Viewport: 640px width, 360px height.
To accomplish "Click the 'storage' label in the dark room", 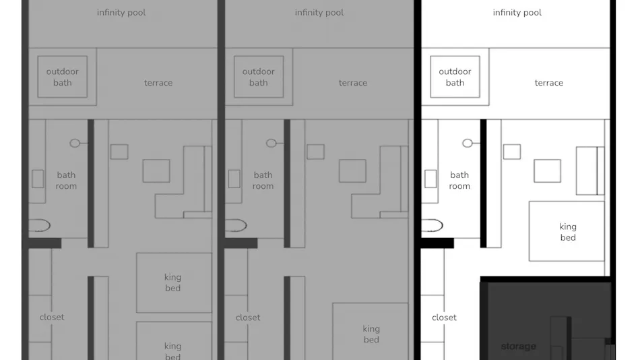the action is point(518,347).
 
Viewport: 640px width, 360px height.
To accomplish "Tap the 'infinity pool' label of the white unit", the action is point(517,13).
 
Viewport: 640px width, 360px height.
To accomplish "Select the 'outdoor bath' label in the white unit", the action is point(455,77).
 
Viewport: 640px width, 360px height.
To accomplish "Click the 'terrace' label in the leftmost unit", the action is point(158,83).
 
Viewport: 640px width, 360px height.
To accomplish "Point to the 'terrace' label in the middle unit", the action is point(352,83).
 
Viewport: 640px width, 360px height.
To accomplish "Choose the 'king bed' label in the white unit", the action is point(568,232).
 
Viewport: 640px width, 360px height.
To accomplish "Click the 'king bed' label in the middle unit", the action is point(371,334).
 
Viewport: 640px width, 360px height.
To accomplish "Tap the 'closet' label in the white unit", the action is point(444,318).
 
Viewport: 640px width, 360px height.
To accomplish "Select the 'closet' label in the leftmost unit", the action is point(52,317).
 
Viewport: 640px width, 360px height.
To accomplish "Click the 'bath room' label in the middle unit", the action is point(263,181).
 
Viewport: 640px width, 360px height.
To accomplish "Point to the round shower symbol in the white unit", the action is point(468,143).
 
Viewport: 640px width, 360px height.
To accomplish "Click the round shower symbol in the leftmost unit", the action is point(75,143).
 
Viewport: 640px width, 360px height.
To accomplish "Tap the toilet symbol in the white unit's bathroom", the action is point(432,226).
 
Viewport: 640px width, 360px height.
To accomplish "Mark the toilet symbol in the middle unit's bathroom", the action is point(236,226).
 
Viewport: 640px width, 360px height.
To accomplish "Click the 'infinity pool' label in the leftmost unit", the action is point(121,13).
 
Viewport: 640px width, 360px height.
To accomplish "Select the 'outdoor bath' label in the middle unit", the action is point(259,77).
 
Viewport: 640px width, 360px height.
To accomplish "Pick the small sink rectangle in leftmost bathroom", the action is point(38,179).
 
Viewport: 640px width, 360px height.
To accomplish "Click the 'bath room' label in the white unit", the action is point(459,181).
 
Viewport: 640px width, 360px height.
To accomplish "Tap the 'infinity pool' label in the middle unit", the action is point(319,13).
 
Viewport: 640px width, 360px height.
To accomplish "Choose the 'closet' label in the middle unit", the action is point(248,318).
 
